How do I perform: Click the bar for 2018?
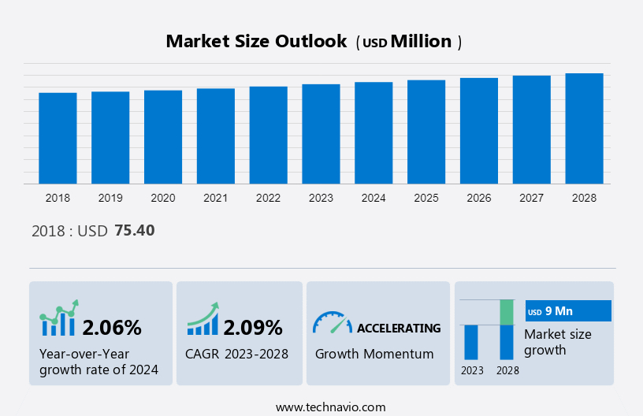58,138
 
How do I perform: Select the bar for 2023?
321,134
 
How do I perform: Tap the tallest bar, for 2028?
584,128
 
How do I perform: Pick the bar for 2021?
216,136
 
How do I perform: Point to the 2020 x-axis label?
163,198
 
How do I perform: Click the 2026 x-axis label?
479,198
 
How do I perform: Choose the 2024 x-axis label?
374,198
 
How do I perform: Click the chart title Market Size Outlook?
256,42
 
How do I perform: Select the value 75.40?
135,231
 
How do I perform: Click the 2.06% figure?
112,327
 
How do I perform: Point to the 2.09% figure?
252,327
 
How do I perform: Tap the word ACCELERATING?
399,328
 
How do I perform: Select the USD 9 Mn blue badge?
567,311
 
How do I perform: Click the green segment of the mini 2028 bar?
507,312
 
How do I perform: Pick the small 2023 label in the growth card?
472,370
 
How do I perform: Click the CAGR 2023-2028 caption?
236,354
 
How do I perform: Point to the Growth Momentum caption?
374,354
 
